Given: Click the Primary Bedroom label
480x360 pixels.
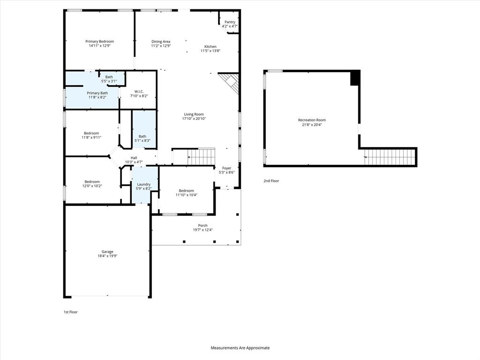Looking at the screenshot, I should coord(99,41).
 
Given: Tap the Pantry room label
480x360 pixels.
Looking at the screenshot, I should coord(230,22).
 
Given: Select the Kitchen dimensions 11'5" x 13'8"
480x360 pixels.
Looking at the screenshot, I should coord(210,51).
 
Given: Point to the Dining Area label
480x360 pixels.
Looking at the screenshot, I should coord(161,41).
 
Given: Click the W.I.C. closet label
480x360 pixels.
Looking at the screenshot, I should coord(139,91).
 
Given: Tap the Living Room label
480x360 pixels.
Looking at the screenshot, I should coord(194,114).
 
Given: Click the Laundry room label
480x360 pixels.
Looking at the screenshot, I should coord(143,184).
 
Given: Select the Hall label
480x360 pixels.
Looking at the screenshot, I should coord(134,158).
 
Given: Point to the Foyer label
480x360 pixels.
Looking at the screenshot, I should coord(226,168).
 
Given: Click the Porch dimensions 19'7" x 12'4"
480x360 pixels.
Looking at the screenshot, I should coord(202,230).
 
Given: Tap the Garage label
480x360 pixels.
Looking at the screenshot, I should coord(107,252).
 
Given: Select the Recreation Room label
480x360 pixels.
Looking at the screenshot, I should coord(312,120).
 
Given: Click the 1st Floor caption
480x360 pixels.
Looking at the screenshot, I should coord(71,312).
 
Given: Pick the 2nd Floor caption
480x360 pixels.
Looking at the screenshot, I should coord(271,180).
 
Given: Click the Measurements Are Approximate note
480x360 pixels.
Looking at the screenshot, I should coord(240,348).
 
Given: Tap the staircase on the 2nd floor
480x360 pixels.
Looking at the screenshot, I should coord(390,157).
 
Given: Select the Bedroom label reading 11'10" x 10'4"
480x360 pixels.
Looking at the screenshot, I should coord(186,191).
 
